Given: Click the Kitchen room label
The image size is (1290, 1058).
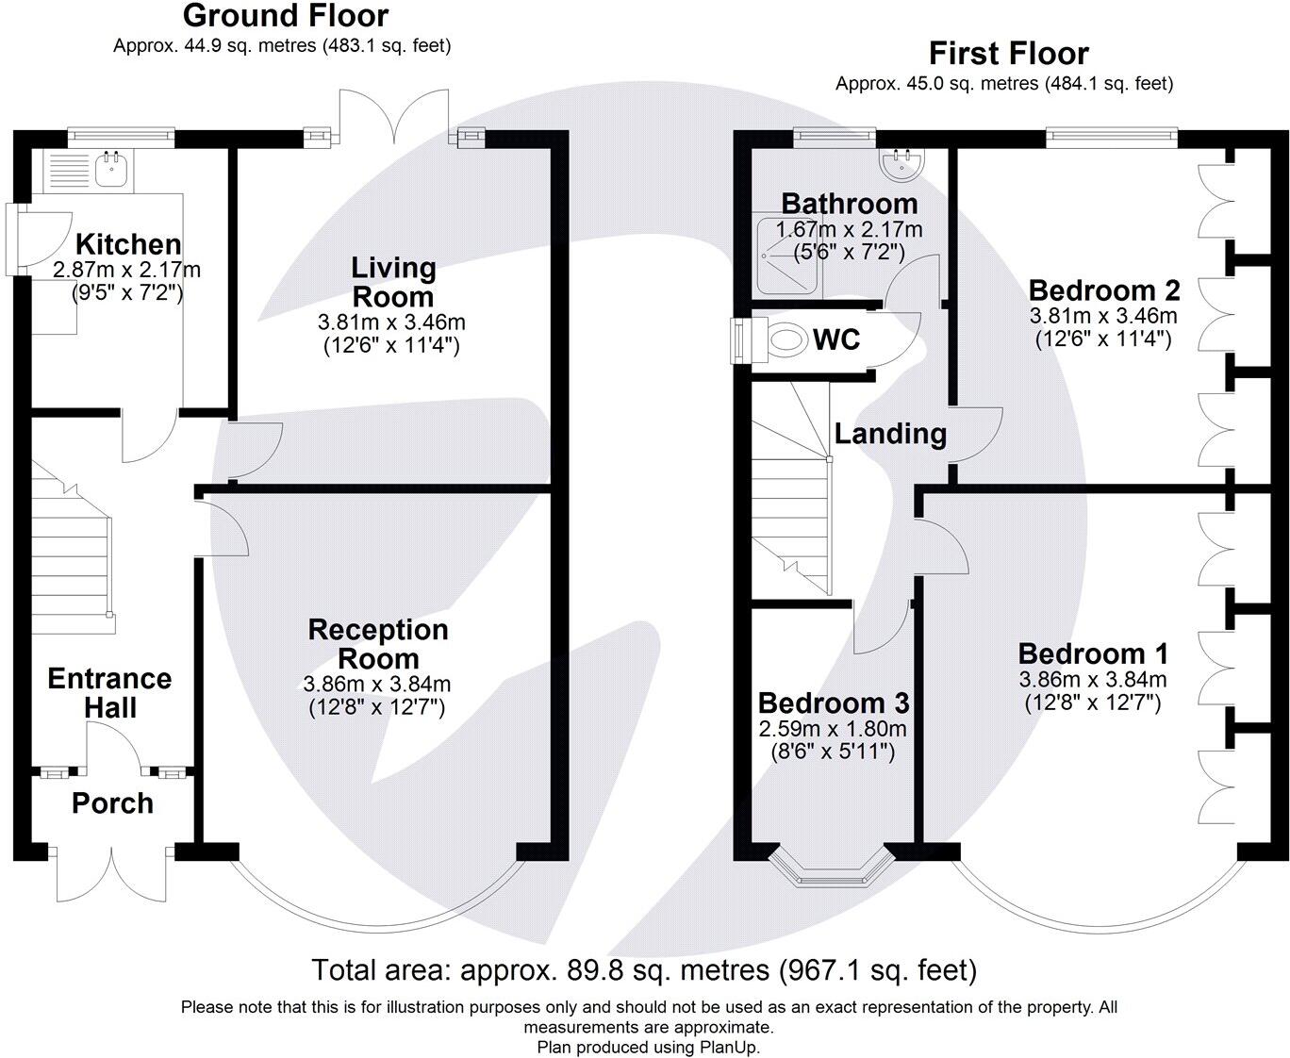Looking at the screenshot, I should (x=128, y=244).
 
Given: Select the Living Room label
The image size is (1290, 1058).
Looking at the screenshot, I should (x=392, y=282).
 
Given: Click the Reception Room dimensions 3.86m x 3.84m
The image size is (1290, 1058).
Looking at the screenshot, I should (x=376, y=684).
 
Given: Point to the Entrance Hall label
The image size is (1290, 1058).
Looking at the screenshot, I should (x=109, y=693).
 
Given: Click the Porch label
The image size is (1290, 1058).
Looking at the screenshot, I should (x=112, y=803).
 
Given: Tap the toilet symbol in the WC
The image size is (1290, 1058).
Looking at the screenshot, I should (x=782, y=339).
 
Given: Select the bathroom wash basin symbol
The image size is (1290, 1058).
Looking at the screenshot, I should (x=901, y=164).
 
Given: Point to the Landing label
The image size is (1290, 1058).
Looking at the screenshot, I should (x=890, y=434).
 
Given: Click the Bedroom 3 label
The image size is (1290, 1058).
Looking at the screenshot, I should (x=834, y=703).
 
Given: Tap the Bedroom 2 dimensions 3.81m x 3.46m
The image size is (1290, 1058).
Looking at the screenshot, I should (x=1103, y=316).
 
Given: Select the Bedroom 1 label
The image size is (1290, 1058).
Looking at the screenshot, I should (x=1093, y=653).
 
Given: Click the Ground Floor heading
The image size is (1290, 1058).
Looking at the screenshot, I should (x=285, y=16).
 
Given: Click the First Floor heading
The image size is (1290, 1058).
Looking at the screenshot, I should (x=1008, y=53).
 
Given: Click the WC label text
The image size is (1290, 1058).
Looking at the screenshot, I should (x=836, y=339).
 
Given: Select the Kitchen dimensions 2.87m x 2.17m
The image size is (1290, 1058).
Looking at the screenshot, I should (x=126, y=270).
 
